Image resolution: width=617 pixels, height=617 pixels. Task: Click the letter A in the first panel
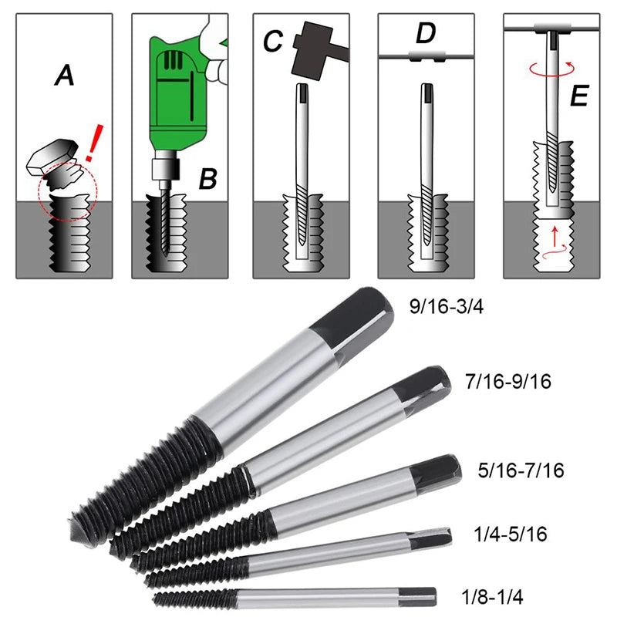66,76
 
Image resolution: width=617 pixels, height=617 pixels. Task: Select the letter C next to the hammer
272,41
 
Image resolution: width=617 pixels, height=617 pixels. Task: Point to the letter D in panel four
426,34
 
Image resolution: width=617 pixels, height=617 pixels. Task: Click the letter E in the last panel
580,98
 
